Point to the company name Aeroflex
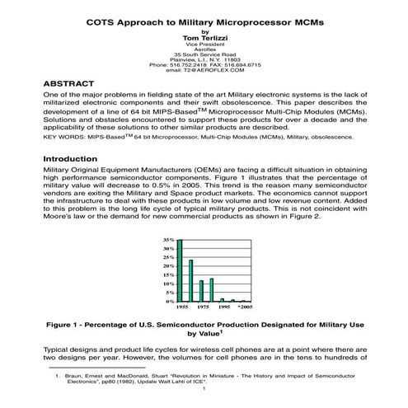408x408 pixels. click(204, 50)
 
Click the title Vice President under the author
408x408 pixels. click(204, 44)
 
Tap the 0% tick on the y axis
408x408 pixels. click(170, 302)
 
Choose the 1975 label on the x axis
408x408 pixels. click(204, 307)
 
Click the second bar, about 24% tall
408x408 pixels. click(190, 281)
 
